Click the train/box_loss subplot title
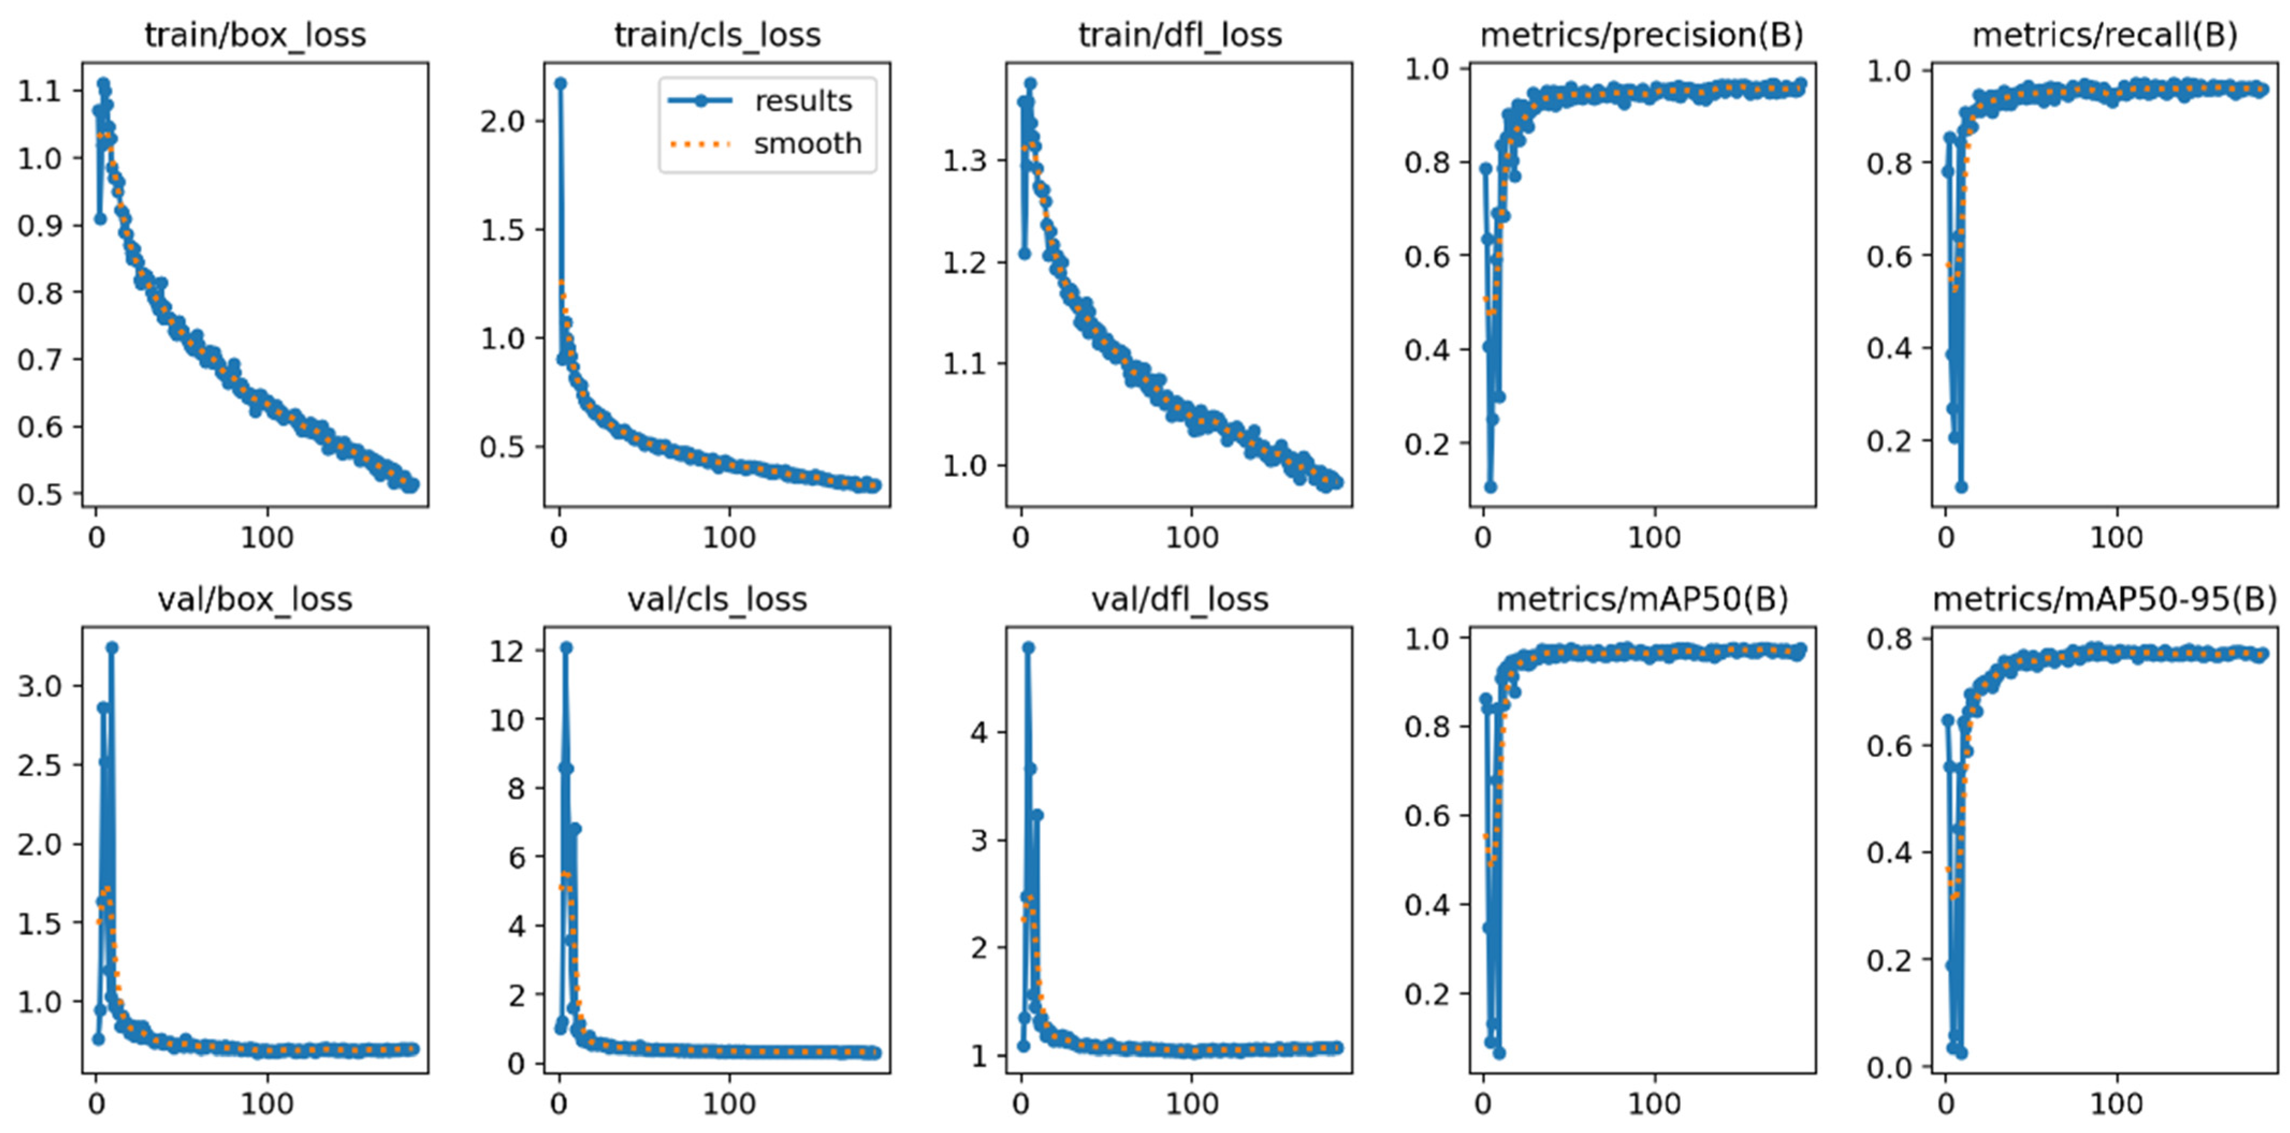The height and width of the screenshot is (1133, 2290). (255, 35)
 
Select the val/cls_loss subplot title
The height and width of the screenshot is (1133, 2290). (717, 600)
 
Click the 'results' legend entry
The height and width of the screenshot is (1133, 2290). (803, 101)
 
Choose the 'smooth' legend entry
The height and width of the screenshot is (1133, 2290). (807, 143)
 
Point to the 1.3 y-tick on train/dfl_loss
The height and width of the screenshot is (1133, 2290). (965, 161)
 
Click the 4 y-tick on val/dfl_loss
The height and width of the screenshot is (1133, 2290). (979, 732)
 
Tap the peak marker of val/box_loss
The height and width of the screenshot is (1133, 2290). (112, 648)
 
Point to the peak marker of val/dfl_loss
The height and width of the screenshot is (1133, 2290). (1029, 648)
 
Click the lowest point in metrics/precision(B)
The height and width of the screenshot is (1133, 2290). (1491, 487)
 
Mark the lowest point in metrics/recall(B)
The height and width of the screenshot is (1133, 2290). (1961, 487)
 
